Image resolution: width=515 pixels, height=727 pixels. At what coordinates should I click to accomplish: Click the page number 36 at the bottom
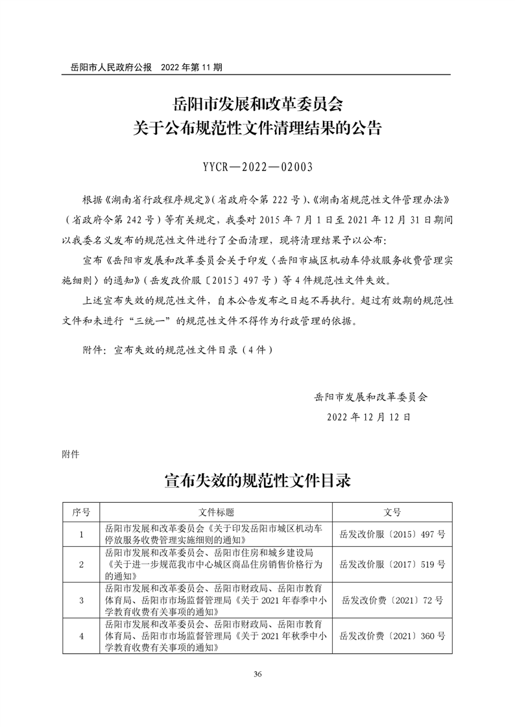coord(257,675)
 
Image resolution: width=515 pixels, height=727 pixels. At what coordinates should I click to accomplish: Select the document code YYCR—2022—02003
coord(257,168)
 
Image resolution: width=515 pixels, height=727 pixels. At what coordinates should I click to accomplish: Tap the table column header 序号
coord(81,512)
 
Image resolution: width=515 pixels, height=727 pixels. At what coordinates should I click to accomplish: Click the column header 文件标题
coord(216,512)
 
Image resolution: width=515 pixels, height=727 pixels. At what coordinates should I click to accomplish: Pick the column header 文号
coord(392,512)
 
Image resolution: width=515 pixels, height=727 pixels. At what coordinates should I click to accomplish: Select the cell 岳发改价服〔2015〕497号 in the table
coord(392,535)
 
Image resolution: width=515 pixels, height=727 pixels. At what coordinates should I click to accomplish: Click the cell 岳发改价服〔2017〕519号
coord(392,564)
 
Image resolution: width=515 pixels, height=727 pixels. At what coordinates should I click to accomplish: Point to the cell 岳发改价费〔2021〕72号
coord(392,601)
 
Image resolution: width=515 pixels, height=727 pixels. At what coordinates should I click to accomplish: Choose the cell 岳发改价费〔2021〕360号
coord(392,636)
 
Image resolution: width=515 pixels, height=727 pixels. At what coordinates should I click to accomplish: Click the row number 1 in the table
coord(81,535)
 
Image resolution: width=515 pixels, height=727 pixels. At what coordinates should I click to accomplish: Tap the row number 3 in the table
coord(81,601)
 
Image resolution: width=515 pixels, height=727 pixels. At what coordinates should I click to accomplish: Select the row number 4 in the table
coord(81,636)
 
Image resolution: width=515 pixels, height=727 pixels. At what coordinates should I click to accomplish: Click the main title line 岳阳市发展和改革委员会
coord(257,104)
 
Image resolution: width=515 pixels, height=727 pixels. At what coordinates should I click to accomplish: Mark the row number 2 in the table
coord(81,564)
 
